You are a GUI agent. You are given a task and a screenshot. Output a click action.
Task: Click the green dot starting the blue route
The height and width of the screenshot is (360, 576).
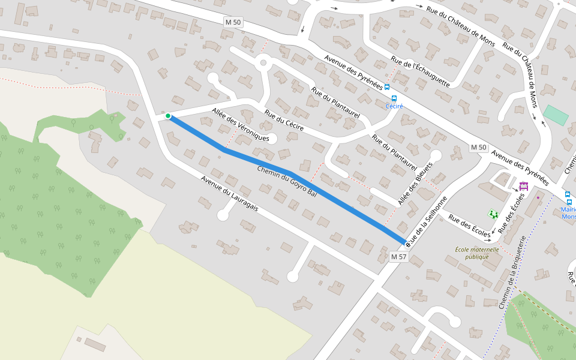coord(169,116)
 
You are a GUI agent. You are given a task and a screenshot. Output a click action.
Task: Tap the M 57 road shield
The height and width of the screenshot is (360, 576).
coord(398,257)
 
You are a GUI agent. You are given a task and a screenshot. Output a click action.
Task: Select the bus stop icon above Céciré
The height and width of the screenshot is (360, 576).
coord(394,98)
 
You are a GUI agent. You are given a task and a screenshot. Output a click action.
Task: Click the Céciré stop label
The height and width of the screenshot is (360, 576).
coord(394,106)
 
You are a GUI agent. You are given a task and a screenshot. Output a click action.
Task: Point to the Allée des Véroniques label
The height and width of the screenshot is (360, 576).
coord(240,125)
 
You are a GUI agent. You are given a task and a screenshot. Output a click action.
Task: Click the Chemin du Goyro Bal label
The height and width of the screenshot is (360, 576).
coord(286,181)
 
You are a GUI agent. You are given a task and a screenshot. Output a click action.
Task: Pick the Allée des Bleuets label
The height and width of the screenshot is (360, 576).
coord(415,183)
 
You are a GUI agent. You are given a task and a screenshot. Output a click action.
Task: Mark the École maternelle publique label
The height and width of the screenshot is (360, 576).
coord(477,253)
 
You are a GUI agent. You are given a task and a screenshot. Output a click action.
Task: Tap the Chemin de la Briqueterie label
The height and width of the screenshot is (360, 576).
coord(512,272)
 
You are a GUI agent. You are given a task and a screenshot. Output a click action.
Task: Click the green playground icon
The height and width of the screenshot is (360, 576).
coord(493,214)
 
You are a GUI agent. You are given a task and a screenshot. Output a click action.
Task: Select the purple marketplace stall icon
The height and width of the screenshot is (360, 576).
coord(523,186)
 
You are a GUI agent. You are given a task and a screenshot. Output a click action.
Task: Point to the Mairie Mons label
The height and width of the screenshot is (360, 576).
coord(568,213)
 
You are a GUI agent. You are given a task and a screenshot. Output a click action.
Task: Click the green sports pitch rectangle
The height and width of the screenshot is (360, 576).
coord(556,115)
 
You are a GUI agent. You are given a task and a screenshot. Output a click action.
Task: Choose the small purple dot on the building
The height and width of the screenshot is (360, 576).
coord(538,197)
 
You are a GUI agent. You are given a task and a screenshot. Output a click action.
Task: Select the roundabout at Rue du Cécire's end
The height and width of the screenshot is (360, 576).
coord(262,61)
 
